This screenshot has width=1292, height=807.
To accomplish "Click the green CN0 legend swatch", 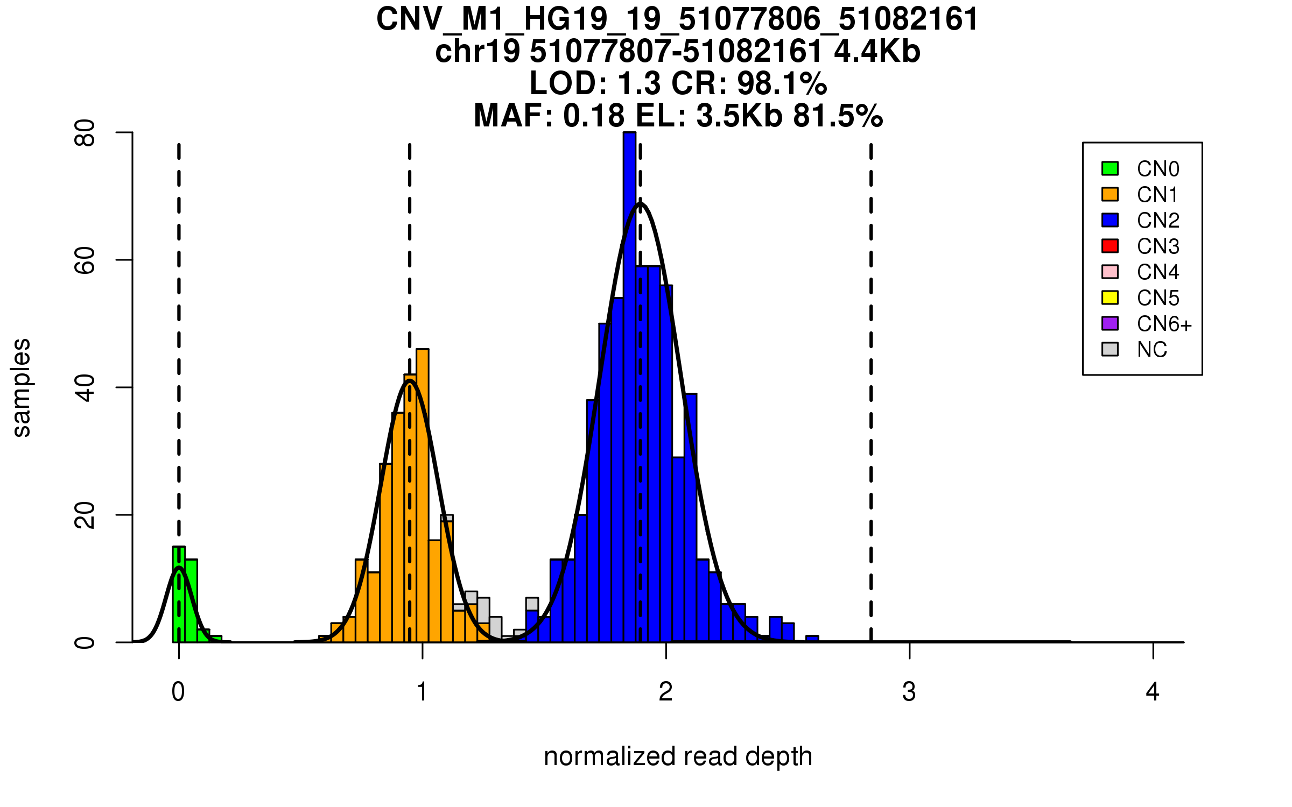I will [1110, 168].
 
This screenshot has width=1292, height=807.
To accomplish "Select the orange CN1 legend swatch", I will [1110, 194].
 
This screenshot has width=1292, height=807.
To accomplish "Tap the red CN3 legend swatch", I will [1110, 246].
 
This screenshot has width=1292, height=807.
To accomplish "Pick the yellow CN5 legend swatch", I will [1110, 298].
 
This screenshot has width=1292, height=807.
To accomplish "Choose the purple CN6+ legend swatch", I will [1110, 323].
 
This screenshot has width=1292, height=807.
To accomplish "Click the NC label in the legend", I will [1151, 350].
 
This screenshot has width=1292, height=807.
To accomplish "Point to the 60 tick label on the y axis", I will [85, 260].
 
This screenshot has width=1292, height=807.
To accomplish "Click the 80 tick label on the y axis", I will [85, 133].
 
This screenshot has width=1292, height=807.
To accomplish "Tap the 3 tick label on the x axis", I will [909, 692].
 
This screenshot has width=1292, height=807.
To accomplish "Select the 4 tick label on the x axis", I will [1153, 692].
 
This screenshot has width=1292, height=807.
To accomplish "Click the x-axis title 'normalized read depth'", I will [678, 756].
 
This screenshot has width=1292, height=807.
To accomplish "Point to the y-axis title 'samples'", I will [22, 387].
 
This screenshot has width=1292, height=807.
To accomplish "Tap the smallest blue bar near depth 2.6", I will [812, 639].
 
